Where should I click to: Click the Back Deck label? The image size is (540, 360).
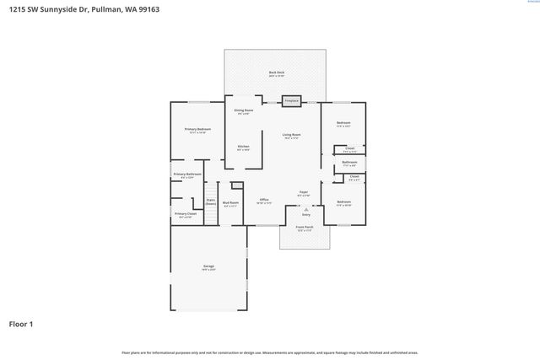pyautogui.click(x=276, y=73)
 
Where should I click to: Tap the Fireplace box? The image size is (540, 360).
pyautogui.click(x=292, y=100)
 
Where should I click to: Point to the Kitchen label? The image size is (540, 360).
pyautogui.click(x=243, y=147)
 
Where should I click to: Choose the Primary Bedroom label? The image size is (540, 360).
pyautogui.click(x=197, y=130)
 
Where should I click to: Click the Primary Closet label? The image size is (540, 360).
pyautogui.click(x=186, y=214)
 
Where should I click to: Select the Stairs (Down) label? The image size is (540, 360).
pyautogui.click(x=211, y=202)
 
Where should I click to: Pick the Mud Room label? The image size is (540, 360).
pyautogui.click(x=230, y=202)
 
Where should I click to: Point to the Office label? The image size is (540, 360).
pyautogui.click(x=264, y=200)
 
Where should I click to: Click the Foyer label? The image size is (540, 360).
pyautogui.click(x=304, y=193)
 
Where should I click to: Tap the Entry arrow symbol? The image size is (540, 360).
pyautogui.click(x=305, y=210)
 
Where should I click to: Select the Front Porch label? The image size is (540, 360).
pyautogui.click(x=305, y=228)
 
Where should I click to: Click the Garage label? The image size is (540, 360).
pyautogui.click(x=208, y=266)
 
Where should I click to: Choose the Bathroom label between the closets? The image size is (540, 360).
pyautogui.click(x=349, y=162)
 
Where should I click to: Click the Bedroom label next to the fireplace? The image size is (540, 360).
pyautogui.click(x=343, y=123)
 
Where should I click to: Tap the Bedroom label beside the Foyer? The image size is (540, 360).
pyautogui.click(x=343, y=202)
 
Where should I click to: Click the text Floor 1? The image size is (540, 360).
pyautogui.click(x=21, y=324)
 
